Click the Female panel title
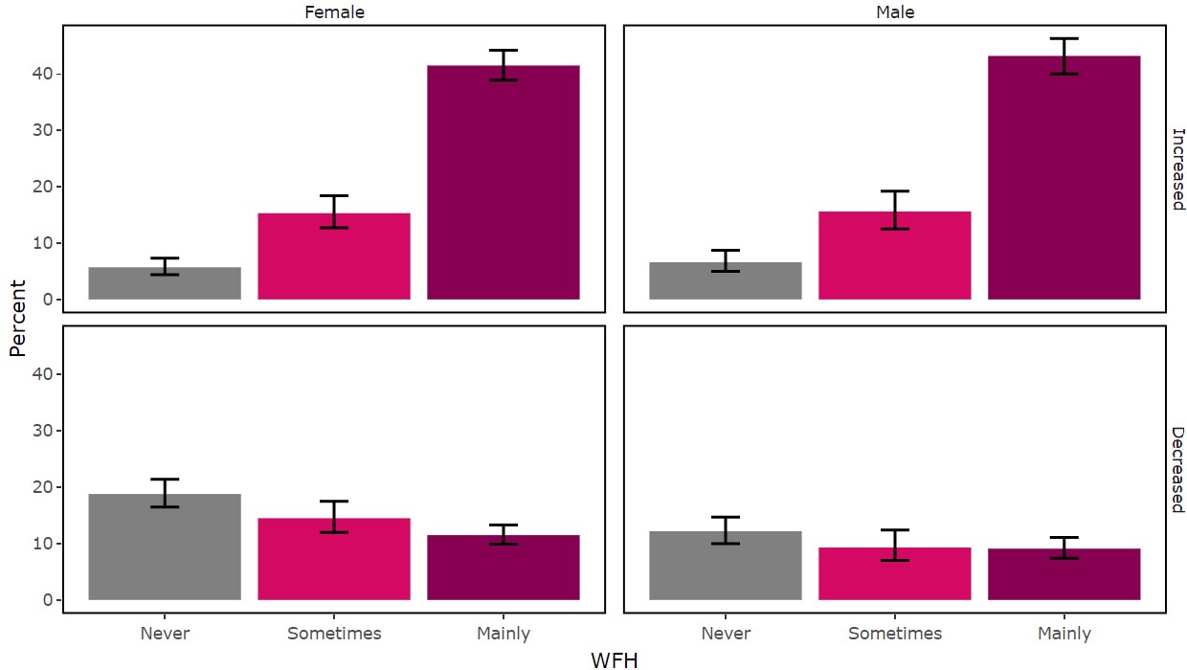click(334, 12)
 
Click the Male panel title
click(895, 12)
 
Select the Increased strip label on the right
click(1177, 168)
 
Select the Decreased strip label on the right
click(1177, 469)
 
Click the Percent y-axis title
click(16, 319)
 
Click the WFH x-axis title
click(615, 659)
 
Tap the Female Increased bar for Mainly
click(504, 182)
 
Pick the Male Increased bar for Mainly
click(1064, 177)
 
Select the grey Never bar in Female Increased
click(165, 283)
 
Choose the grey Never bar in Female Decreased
click(165, 547)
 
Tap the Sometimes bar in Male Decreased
click(895, 573)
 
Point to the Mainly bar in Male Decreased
click(1064, 574)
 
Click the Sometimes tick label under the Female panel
click(334, 634)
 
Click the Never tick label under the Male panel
click(726, 634)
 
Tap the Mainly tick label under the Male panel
click(1064, 634)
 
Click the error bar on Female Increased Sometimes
click(334, 212)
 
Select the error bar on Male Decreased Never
click(726, 530)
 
